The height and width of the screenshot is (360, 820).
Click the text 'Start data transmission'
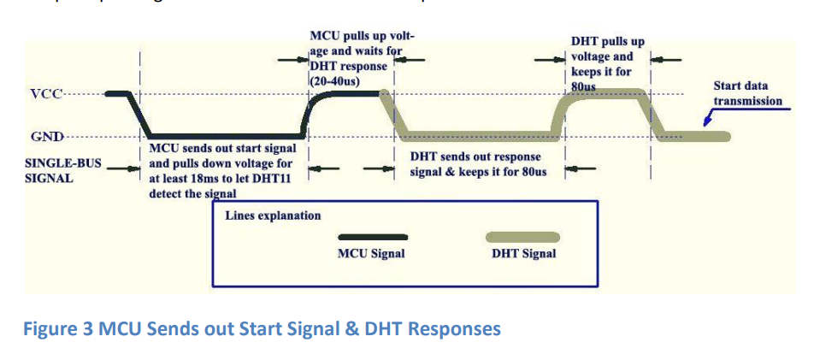(x=747, y=93)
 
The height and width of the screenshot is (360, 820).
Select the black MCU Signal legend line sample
(x=373, y=237)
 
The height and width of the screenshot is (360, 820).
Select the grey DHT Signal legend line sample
(x=523, y=237)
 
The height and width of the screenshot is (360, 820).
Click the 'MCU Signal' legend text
(x=371, y=254)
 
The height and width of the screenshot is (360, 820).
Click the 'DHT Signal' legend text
(x=523, y=254)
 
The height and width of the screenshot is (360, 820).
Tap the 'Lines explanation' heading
(x=273, y=215)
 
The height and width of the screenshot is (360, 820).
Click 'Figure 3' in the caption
(x=59, y=329)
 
